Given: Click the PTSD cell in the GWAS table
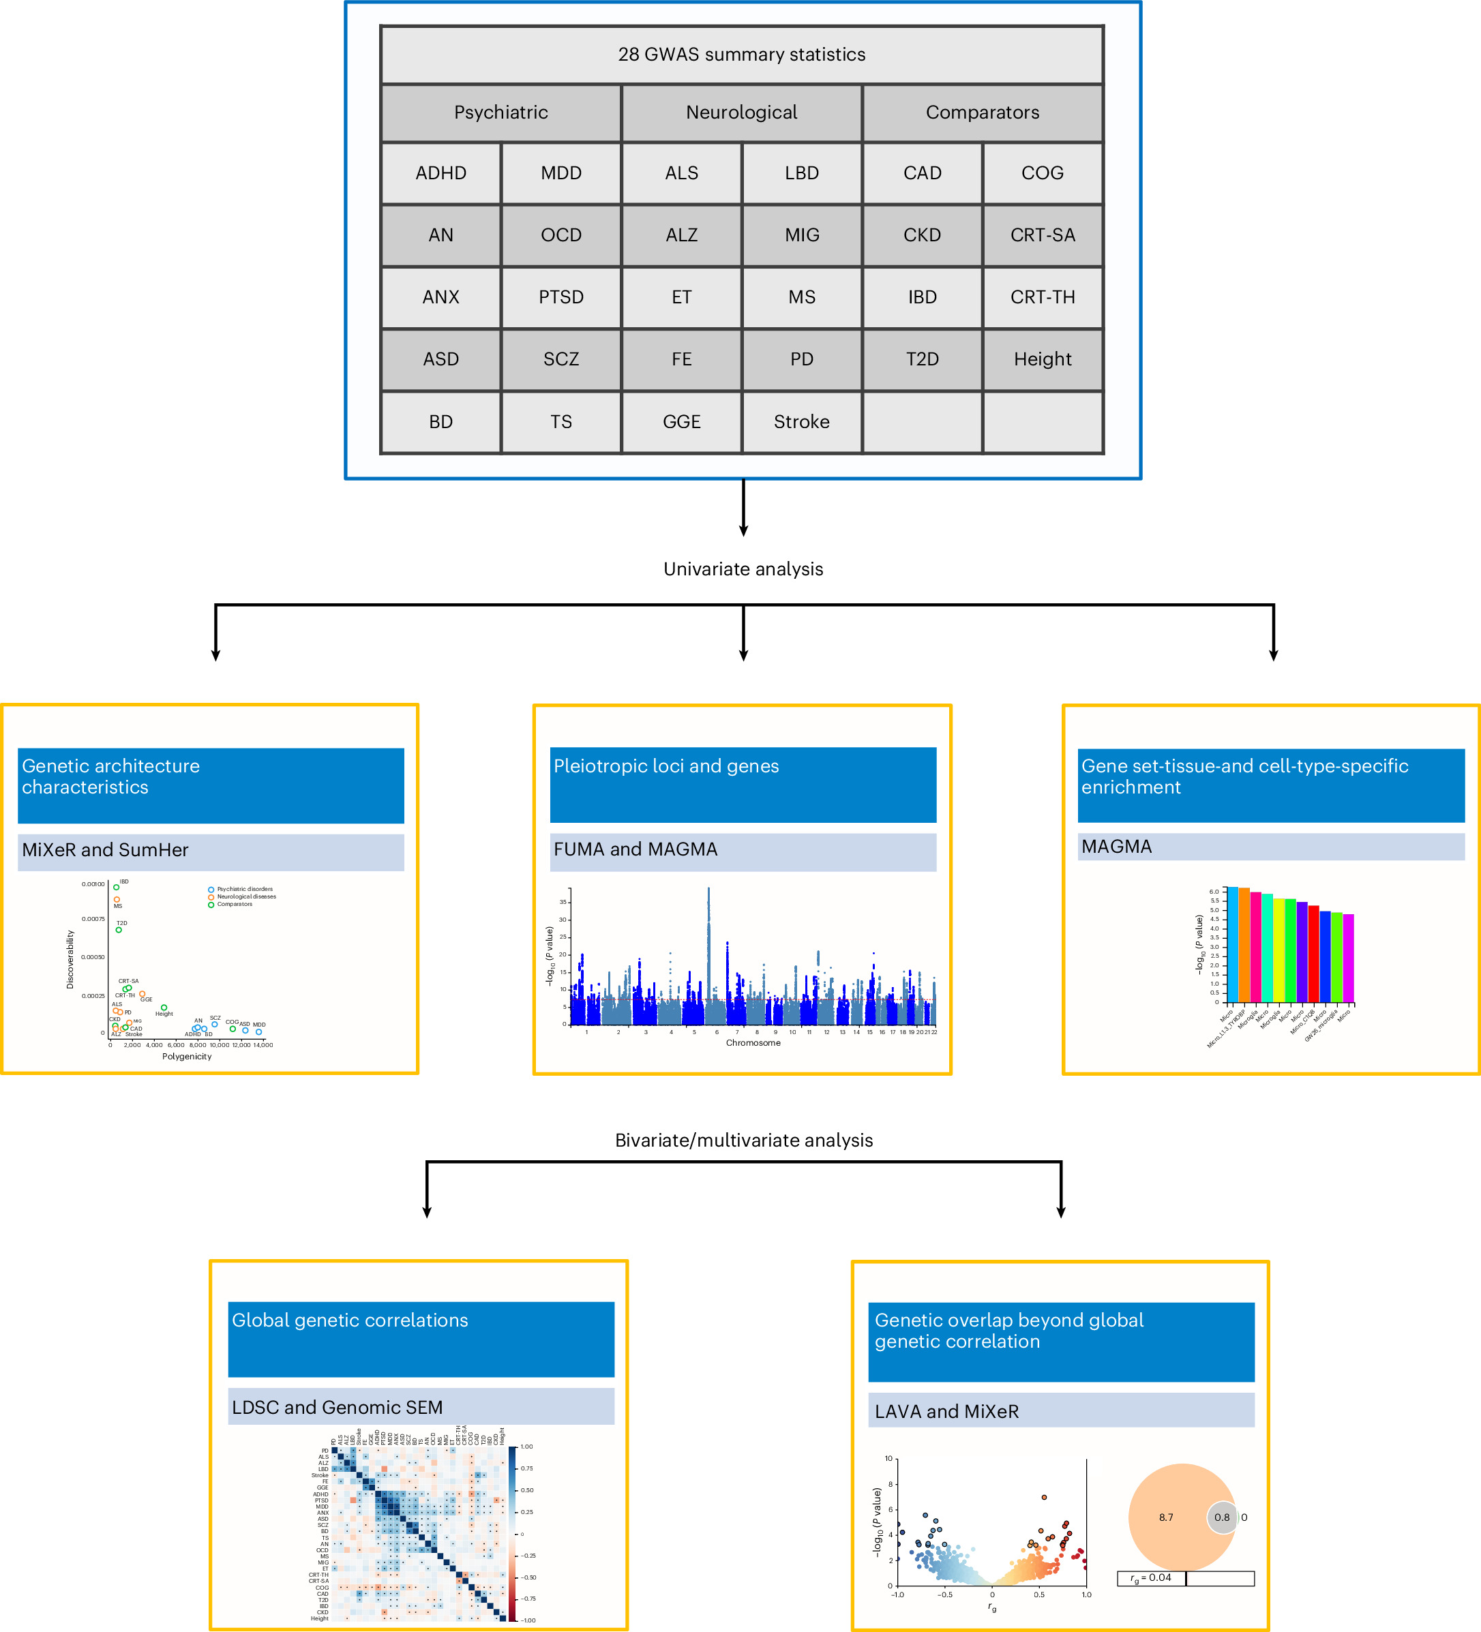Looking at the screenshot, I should [x=561, y=297].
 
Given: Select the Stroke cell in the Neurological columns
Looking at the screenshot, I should [x=802, y=422].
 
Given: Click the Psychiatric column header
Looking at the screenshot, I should [x=500, y=112].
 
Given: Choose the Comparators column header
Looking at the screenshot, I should [x=982, y=112].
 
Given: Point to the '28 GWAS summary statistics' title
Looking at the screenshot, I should [x=742, y=55].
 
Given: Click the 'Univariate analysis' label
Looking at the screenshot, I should [x=743, y=569].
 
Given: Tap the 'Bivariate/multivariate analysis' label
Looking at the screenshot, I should [x=743, y=1140].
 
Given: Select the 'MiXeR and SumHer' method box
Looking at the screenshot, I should [x=211, y=850].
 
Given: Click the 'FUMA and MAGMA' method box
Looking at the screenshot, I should [x=743, y=850].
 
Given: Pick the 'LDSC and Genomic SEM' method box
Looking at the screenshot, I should [x=421, y=1407].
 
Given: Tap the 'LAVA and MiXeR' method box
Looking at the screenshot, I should [x=1061, y=1411].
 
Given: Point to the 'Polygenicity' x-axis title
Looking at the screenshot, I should [x=187, y=1057].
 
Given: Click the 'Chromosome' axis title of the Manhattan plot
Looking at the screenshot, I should [x=753, y=1043].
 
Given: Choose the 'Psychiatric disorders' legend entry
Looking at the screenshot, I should [x=243, y=889].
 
